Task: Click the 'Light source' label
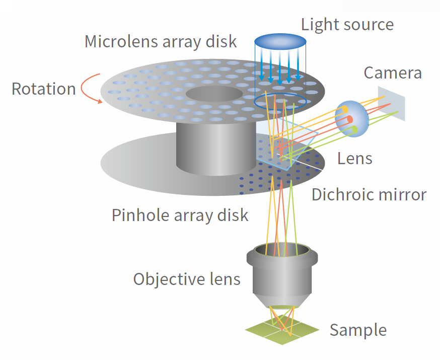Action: pos(347,24)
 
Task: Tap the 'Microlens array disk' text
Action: pos(160,41)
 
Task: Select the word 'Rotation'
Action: pos(43,89)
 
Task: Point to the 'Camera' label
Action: pos(393,73)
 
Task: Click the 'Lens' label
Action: pos(354,159)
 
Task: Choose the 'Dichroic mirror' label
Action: pos(369,194)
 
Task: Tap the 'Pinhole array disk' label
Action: pos(180,215)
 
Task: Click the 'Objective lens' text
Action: pos(187,278)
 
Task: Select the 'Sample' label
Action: pos(358,330)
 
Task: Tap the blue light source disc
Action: pos(280,41)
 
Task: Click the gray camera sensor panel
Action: pos(391,104)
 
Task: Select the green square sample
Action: pos(282,330)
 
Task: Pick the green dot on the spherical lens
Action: pos(355,130)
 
